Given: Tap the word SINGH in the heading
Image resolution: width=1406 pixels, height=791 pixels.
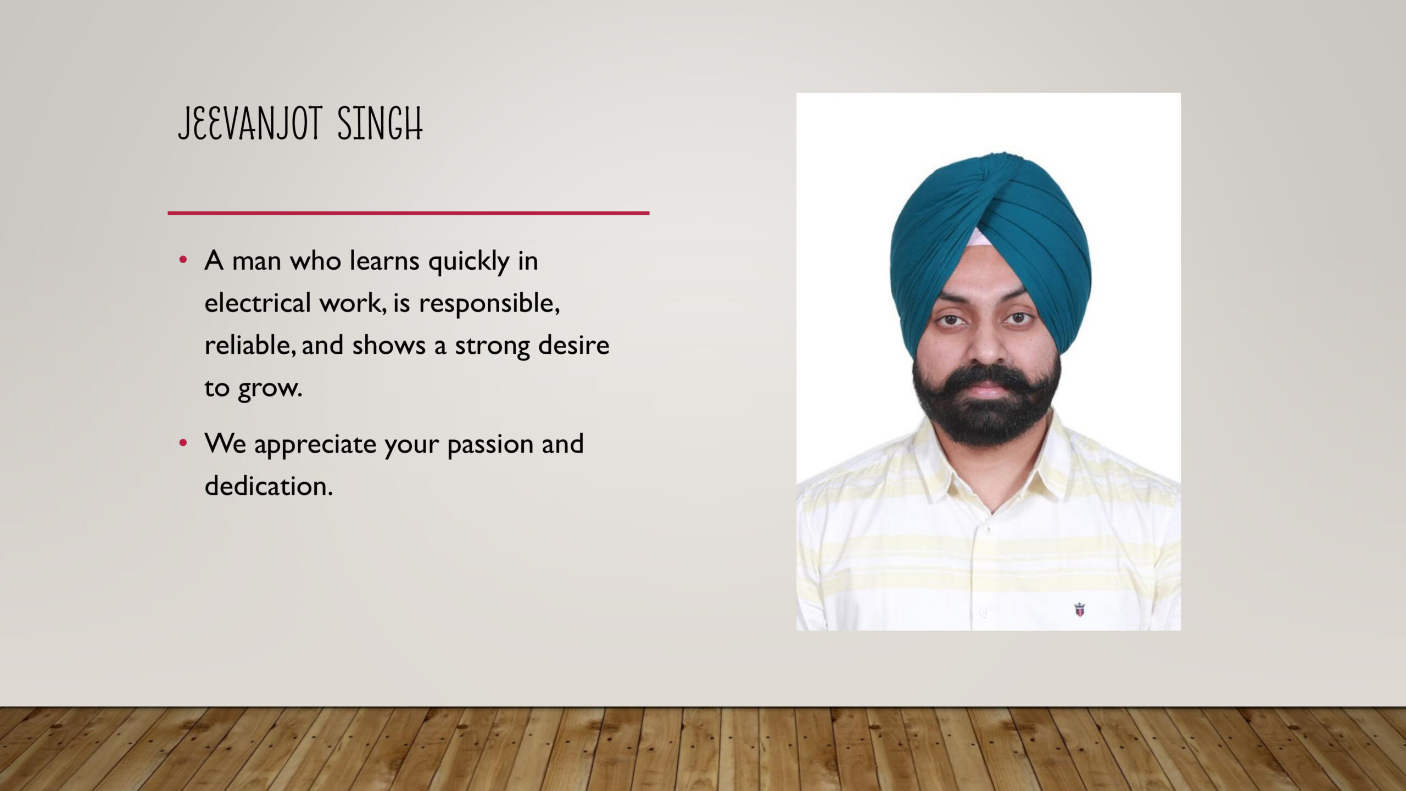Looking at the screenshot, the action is pos(380,124).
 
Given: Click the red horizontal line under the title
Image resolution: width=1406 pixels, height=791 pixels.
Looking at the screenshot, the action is pos(408,213).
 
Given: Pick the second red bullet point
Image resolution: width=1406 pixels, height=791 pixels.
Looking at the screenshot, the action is pos(183,443).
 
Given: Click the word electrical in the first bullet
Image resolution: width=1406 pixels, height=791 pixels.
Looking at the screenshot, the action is pos(258,302).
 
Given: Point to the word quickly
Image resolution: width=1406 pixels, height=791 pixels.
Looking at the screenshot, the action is pos(469,261).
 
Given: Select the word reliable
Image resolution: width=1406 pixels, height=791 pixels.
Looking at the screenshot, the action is pos(251,345).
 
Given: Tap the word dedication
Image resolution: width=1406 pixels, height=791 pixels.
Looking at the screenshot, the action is pos(269,486).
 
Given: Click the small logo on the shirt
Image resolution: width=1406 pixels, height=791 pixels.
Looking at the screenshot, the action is pos(1079,609).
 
